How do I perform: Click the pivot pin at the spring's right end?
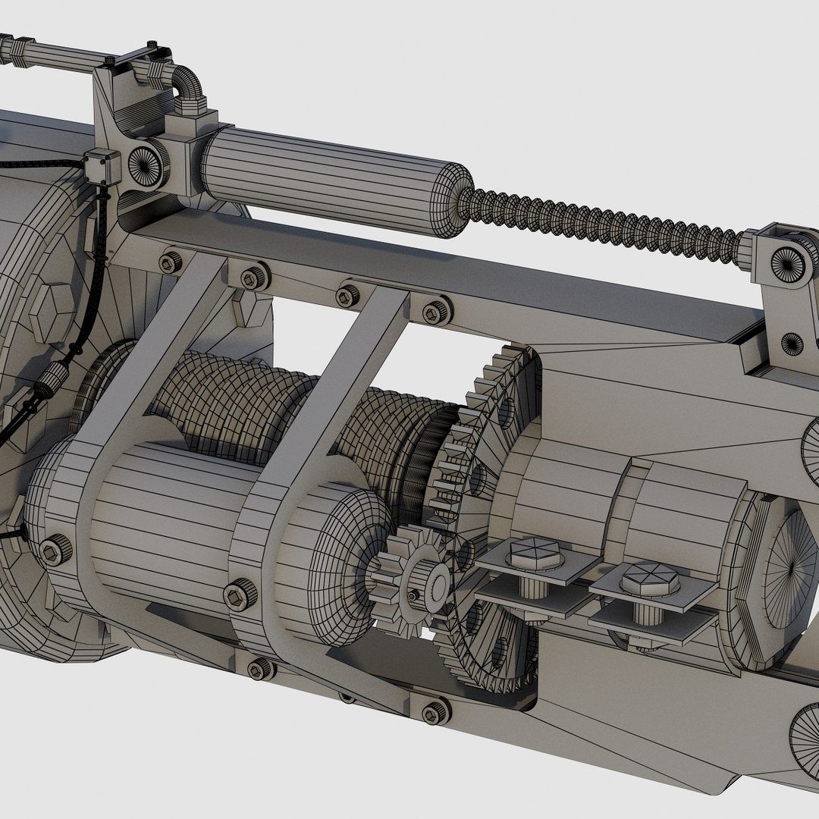[790, 262]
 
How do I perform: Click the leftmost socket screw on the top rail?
[169, 262]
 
